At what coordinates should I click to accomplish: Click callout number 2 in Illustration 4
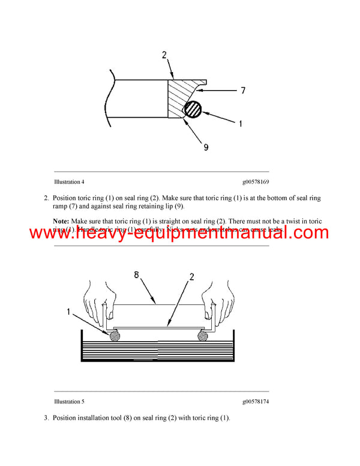click(164, 55)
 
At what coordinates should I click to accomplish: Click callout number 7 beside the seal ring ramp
click(242, 91)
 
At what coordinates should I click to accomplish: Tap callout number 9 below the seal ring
click(206, 147)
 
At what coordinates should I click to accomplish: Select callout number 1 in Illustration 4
click(240, 124)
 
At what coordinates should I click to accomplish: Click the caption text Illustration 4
click(69, 181)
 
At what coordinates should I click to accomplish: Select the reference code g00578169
click(260, 181)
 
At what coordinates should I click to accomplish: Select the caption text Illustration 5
click(69, 401)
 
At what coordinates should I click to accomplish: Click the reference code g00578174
click(260, 401)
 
